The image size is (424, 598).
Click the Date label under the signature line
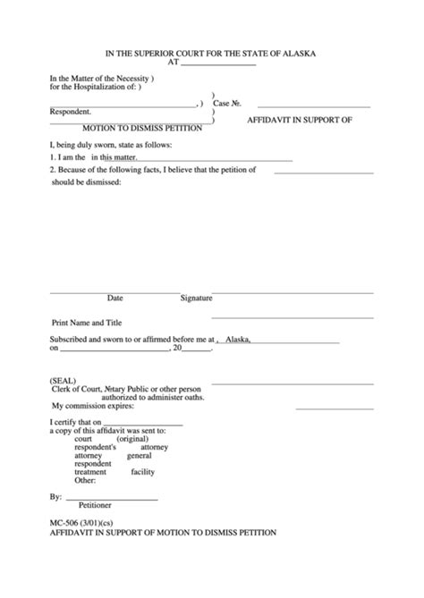click(115, 298)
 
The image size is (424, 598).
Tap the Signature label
click(196, 298)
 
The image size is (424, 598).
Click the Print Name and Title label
click(87, 323)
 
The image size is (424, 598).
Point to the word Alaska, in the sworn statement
click(238, 340)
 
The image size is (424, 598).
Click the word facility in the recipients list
click(143, 471)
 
